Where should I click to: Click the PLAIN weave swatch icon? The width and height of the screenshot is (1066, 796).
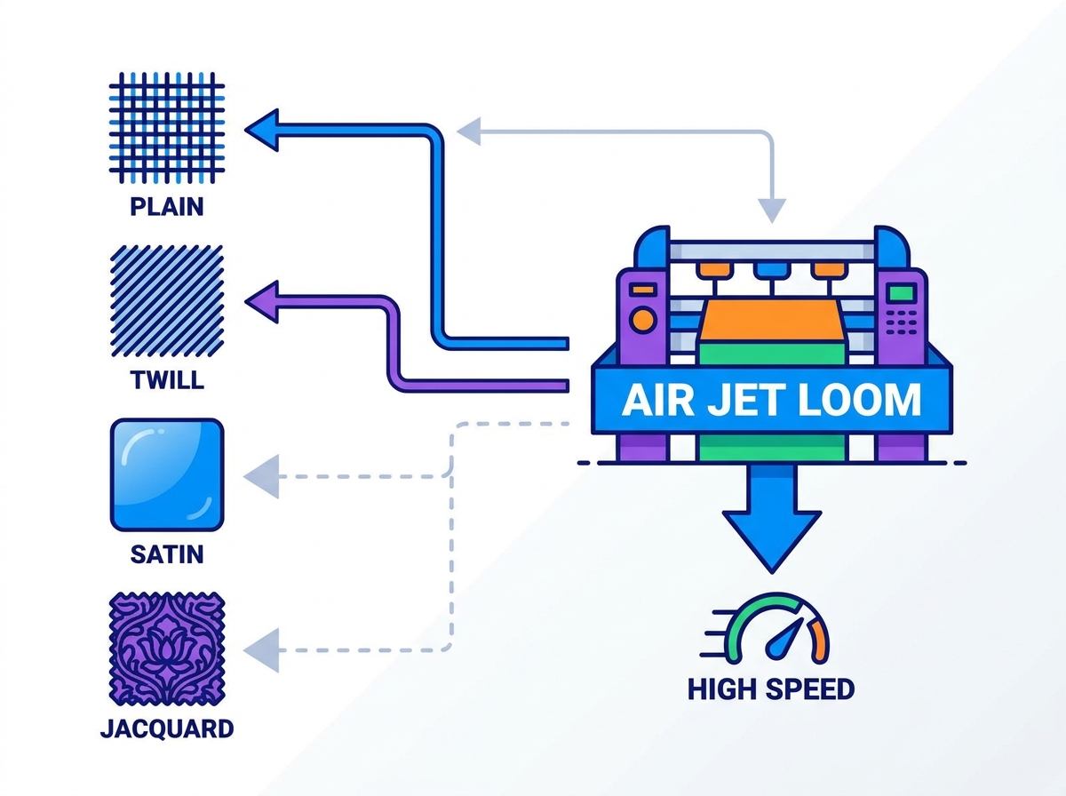point(167,128)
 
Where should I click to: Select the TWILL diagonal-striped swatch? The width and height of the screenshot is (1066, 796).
point(167,301)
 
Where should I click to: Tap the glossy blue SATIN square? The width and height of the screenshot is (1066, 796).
point(167,474)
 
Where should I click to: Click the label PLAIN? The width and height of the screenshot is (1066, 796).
point(167,207)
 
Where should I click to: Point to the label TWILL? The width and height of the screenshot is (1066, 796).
point(167,380)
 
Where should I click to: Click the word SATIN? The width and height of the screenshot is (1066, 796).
point(167,554)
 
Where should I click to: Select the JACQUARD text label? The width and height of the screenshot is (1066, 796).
point(167,728)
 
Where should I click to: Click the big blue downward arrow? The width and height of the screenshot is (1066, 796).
point(772,517)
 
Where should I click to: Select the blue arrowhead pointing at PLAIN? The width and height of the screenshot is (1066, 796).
point(262,130)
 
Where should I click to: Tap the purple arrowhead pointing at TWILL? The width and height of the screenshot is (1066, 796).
point(262,302)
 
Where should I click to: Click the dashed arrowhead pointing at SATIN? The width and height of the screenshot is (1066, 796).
point(262,476)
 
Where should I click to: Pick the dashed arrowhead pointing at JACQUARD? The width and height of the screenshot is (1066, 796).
point(262,650)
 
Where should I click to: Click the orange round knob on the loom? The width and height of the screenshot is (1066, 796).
point(642,321)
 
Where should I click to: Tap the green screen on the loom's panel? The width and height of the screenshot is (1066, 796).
point(902,293)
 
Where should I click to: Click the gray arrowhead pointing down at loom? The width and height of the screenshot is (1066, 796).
point(772,211)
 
